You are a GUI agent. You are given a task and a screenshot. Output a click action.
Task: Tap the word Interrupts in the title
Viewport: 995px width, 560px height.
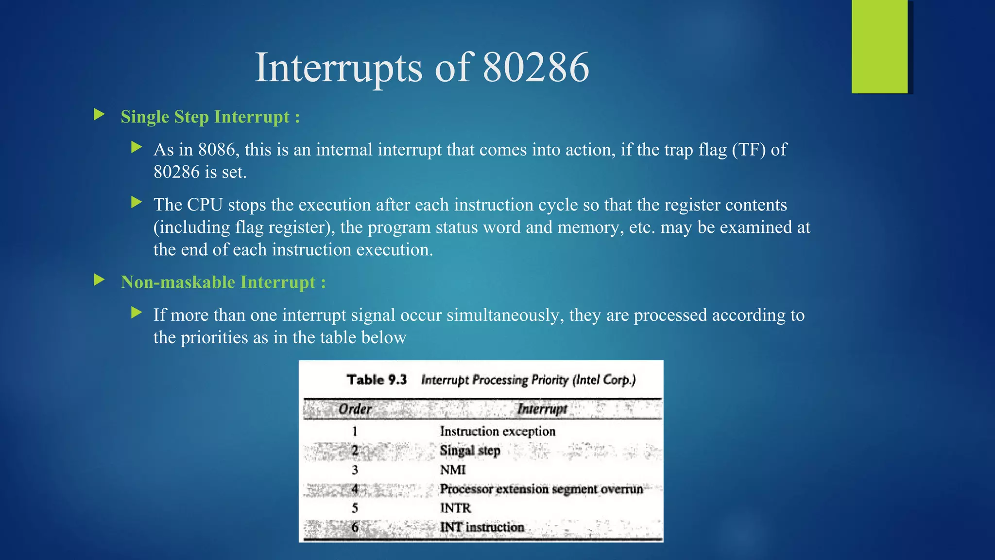(x=339, y=68)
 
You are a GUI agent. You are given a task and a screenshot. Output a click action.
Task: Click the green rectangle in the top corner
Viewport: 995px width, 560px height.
(x=879, y=47)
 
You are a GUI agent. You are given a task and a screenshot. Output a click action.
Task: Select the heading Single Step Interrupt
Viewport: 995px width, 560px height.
(x=210, y=117)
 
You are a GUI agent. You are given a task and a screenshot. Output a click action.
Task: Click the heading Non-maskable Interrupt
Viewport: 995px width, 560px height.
(x=223, y=282)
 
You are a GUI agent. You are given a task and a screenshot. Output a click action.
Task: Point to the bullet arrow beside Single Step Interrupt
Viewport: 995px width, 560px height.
(x=99, y=115)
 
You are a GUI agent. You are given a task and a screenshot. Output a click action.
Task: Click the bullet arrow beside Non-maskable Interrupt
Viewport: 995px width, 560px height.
(x=99, y=280)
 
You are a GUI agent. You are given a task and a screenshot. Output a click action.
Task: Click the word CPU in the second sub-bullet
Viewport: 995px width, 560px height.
(x=205, y=205)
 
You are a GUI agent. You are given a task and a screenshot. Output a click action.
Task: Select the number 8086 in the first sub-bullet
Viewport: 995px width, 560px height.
(x=219, y=150)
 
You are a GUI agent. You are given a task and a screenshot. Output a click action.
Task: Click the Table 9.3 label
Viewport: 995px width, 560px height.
(x=377, y=380)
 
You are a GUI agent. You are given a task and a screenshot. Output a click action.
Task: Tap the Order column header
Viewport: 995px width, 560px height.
(x=355, y=409)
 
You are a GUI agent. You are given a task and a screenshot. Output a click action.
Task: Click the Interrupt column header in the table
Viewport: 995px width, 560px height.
(x=542, y=409)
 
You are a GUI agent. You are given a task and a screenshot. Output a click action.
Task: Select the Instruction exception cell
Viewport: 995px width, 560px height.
(x=497, y=431)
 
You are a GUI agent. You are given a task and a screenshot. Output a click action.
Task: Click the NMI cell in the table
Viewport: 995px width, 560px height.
(x=453, y=470)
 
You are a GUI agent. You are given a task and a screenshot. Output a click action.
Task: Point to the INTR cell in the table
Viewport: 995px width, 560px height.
(x=455, y=508)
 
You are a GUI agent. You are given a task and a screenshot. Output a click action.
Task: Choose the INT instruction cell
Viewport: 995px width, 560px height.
(x=482, y=527)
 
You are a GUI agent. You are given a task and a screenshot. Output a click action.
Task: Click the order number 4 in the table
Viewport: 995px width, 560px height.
(x=355, y=489)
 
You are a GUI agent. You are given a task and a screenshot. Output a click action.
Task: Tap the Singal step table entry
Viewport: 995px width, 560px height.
(x=470, y=451)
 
